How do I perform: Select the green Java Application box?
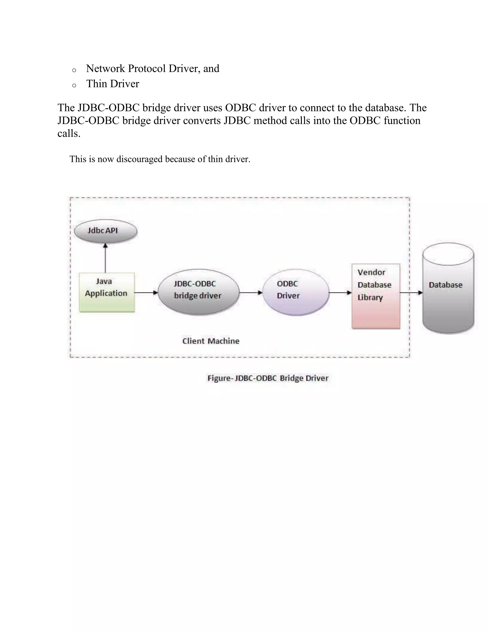[107, 292]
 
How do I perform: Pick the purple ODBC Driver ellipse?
[296, 292]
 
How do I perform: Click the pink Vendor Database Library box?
[376, 296]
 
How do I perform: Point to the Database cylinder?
[448, 289]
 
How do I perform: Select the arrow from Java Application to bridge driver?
[146, 293]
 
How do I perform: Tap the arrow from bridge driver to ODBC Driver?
[251, 293]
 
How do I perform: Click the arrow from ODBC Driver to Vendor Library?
[340, 293]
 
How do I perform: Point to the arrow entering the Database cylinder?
[411, 293]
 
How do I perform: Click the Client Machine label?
[211, 341]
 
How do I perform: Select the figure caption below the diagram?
[268, 378]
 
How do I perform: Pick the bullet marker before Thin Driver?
[74, 85]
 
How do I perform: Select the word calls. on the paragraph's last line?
[69, 134]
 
